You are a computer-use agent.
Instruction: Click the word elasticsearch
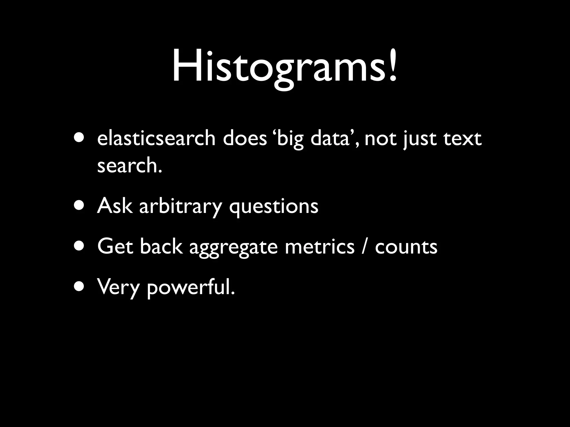(156, 138)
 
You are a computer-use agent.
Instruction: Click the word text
(462, 138)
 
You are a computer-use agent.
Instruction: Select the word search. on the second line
(130, 165)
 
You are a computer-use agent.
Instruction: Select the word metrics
(320, 246)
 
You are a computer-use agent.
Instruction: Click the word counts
(406, 247)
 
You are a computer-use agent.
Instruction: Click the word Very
(118, 287)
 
